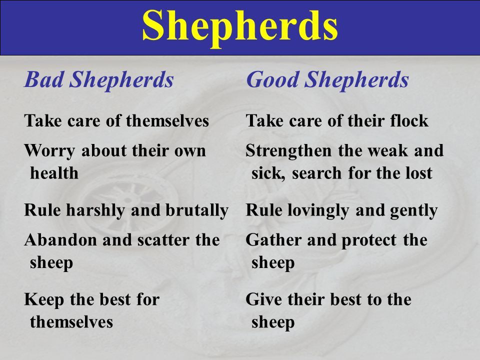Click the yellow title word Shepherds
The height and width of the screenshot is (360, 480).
240,26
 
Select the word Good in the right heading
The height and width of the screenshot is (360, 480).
272,80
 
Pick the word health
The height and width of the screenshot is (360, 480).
54,173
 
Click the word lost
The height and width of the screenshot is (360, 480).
419,173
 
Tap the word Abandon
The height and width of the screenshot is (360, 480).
53,240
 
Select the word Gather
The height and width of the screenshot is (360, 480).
268,240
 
